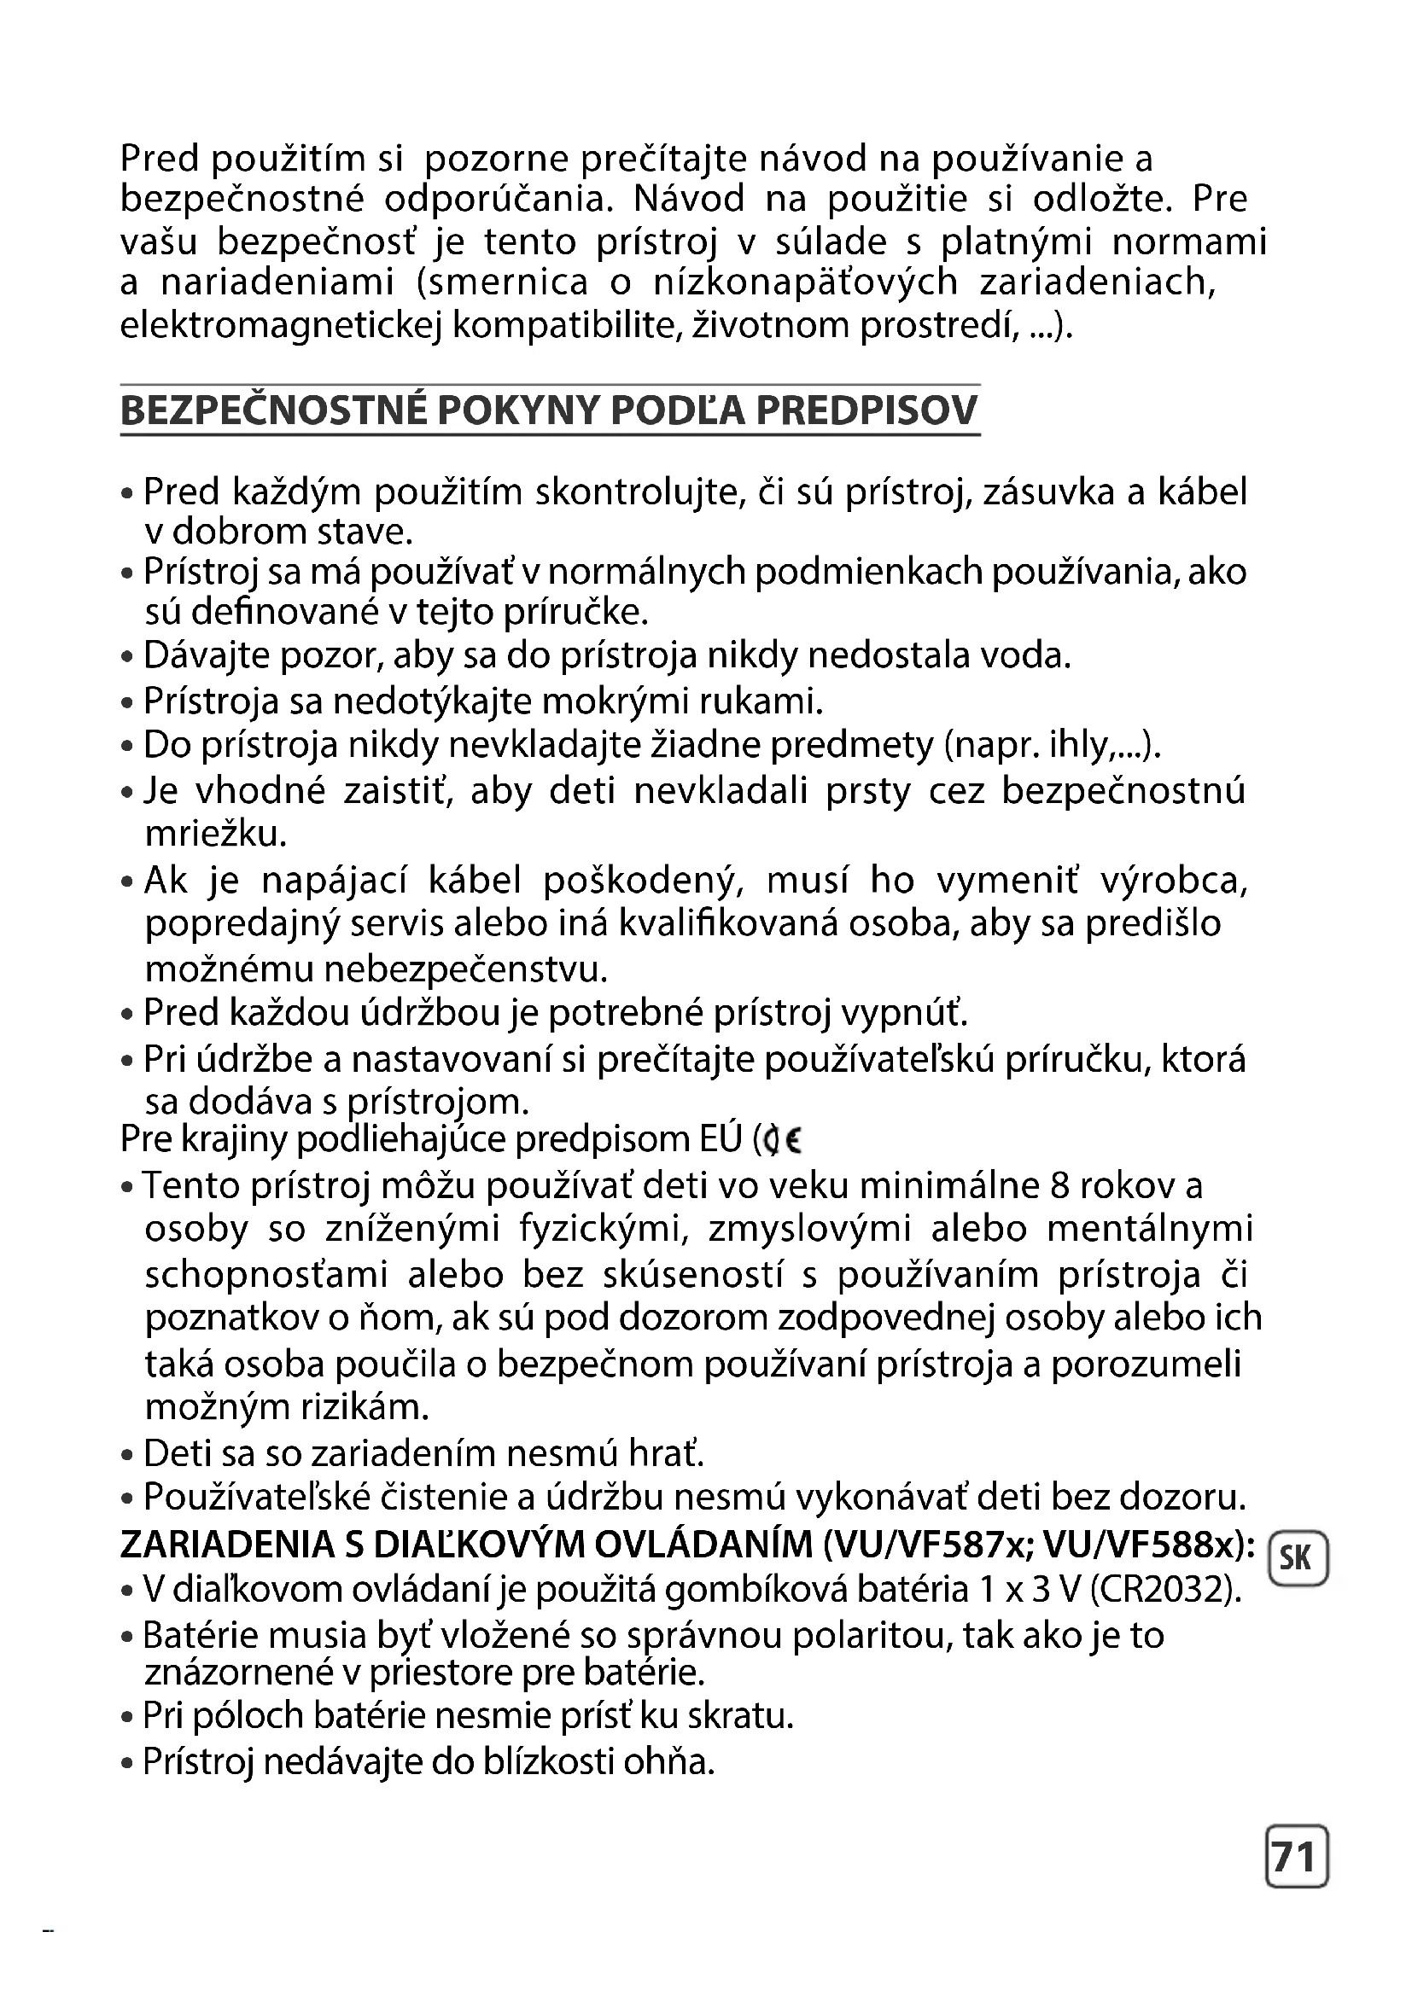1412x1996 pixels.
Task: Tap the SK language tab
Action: coord(1296,1558)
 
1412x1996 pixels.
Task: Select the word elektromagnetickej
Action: coord(282,326)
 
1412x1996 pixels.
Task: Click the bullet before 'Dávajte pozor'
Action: coord(128,657)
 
